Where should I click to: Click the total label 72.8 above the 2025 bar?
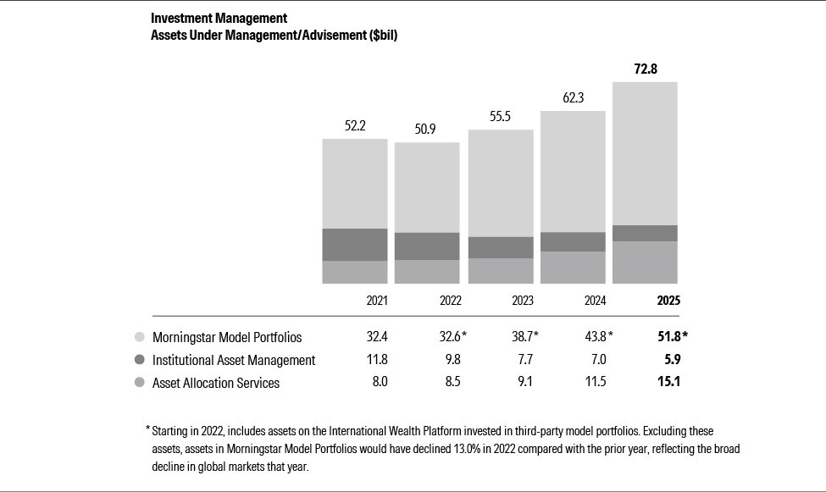click(x=646, y=69)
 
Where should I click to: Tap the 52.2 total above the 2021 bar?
click(x=355, y=126)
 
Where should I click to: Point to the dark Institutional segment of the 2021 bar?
click(x=355, y=245)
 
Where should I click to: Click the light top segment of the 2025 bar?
click(x=646, y=153)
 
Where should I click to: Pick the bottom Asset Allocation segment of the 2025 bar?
click(x=646, y=263)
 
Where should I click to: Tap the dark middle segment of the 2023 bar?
click(x=501, y=247)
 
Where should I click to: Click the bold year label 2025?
click(x=668, y=301)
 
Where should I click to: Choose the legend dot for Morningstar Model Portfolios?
click(x=139, y=337)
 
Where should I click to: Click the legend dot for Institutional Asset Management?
click(x=139, y=360)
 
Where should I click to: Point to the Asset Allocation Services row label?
click(x=215, y=383)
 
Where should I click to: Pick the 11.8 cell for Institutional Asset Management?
click(x=376, y=360)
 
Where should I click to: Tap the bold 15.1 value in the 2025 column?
click(x=668, y=383)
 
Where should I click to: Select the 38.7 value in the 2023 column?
click(x=522, y=337)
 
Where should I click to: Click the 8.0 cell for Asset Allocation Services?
click(x=379, y=383)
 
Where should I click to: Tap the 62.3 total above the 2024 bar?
click(x=574, y=98)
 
